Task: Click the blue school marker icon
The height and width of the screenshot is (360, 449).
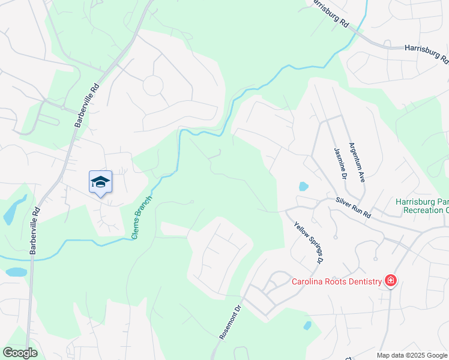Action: [100, 182]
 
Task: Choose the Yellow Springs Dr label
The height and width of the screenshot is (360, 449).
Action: [307, 244]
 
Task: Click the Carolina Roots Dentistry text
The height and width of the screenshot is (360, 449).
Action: [337, 281]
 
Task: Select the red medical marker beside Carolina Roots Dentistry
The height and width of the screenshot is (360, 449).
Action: [391, 280]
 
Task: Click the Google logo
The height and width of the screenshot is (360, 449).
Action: [20, 353]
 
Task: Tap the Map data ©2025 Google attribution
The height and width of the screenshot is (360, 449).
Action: [412, 355]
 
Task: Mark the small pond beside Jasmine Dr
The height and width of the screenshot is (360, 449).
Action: [303, 187]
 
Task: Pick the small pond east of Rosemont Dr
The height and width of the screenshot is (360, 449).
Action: [307, 326]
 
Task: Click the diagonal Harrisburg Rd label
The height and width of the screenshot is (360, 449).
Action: [329, 13]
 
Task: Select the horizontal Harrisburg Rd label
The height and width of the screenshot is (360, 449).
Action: [426, 53]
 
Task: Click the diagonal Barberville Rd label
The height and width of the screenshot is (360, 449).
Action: [86, 104]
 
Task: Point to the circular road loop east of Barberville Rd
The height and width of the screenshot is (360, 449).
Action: [152, 85]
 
